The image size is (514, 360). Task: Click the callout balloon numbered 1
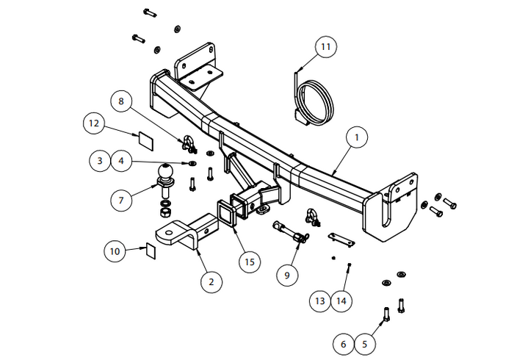pyautogui.click(x=357, y=137)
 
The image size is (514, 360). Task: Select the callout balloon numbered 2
pyautogui.click(x=211, y=281)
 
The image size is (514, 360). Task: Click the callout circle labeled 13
pyautogui.click(x=320, y=300)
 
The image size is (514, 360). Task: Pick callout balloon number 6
pyautogui.click(x=342, y=342)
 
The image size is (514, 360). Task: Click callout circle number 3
pyautogui.click(x=101, y=159)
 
